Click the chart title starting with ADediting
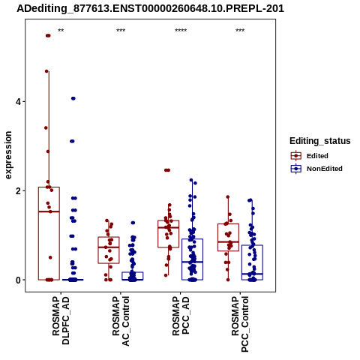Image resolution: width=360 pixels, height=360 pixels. point(150,8)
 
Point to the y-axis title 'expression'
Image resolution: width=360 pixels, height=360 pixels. point(8,155)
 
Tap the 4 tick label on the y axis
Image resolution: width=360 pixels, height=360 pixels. point(18,102)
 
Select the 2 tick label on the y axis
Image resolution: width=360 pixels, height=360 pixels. point(18,191)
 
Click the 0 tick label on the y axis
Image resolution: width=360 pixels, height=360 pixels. point(18,280)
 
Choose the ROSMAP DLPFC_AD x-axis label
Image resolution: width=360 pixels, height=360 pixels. point(61,320)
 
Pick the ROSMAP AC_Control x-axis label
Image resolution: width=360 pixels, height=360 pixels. point(121,321)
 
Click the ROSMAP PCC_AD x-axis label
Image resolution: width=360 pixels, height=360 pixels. point(181,316)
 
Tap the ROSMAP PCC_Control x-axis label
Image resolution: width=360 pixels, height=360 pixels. point(240,324)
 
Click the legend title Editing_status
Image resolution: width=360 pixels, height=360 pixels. point(320,141)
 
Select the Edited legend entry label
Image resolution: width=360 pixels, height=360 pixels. point(317,156)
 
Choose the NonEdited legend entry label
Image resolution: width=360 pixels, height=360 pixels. point(325,169)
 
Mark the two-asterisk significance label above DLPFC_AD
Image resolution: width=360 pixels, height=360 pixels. point(61,31)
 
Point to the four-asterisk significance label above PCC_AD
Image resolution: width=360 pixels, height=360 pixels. point(181,31)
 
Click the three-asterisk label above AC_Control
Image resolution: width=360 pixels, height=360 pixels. point(121,31)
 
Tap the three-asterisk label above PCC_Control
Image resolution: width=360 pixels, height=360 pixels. point(240,31)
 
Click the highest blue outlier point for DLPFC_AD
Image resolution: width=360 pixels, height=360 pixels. point(73,98)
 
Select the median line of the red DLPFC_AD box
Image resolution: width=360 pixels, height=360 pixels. point(49,211)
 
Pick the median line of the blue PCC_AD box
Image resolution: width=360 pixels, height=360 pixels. point(192,262)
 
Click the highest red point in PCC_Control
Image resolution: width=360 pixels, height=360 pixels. point(228,197)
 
